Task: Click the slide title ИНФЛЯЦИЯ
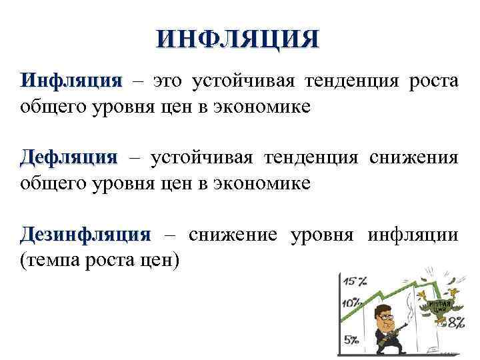click(238, 38)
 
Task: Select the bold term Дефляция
click(69, 157)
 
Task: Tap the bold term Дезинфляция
click(86, 234)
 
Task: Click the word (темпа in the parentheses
click(47, 259)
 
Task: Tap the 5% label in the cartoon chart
click(351, 340)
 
